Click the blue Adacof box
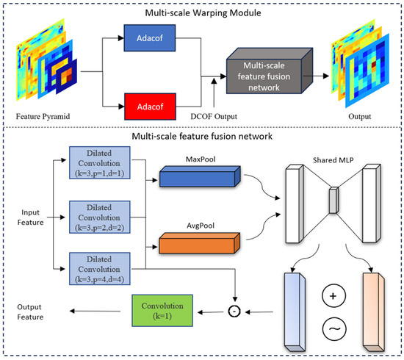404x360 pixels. [150, 38]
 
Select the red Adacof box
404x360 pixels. [150, 107]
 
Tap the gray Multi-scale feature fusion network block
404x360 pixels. [270, 71]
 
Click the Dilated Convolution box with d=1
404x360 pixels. [99, 163]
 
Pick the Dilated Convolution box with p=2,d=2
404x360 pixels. [99, 217]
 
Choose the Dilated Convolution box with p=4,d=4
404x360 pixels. [99, 269]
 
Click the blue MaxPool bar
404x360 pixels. [200, 176]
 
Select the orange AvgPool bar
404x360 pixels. [200, 243]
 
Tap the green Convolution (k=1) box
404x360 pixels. [162, 311]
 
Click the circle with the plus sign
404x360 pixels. [333, 296]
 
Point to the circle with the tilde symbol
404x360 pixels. [334, 329]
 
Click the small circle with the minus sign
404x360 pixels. [234, 312]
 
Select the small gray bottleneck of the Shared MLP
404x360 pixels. [333, 201]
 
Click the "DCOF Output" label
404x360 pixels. [214, 117]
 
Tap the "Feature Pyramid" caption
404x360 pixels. [43, 117]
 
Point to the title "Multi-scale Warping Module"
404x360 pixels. [203, 13]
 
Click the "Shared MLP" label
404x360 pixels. [333, 160]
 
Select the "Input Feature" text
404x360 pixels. [30, 217]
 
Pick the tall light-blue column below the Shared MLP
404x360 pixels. [295, 312]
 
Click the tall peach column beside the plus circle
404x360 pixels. [374, 312]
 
